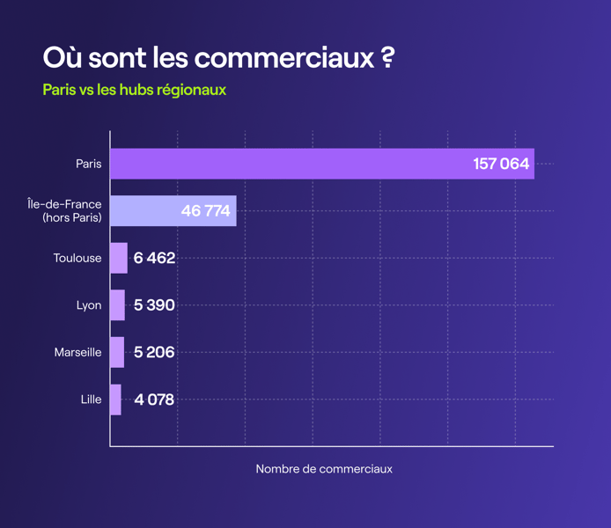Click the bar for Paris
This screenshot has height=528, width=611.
point(322,164)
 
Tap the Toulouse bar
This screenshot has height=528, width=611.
point(119,258)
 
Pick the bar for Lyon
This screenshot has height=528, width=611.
point(118,305)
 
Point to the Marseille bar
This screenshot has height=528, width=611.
point(117,352)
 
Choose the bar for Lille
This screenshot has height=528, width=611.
point(115,400)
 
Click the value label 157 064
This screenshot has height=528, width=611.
point(501,164)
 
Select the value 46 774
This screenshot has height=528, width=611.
point(205,211)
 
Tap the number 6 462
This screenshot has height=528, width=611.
point(155,259)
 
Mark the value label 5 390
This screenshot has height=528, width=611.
point(155,305)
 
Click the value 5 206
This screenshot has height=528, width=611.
point(155,352)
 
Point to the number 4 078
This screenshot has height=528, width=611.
point(155,400)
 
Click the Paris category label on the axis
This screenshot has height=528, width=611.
point(88,164)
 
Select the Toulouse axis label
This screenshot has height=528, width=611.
point(77,259)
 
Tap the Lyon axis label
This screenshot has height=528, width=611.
point(89,305)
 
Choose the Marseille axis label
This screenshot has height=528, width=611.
point(77,352)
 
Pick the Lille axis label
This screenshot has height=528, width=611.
point(91,400)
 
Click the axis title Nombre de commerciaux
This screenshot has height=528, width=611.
point(324,469)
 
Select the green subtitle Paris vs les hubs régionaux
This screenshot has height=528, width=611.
point(134,90)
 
